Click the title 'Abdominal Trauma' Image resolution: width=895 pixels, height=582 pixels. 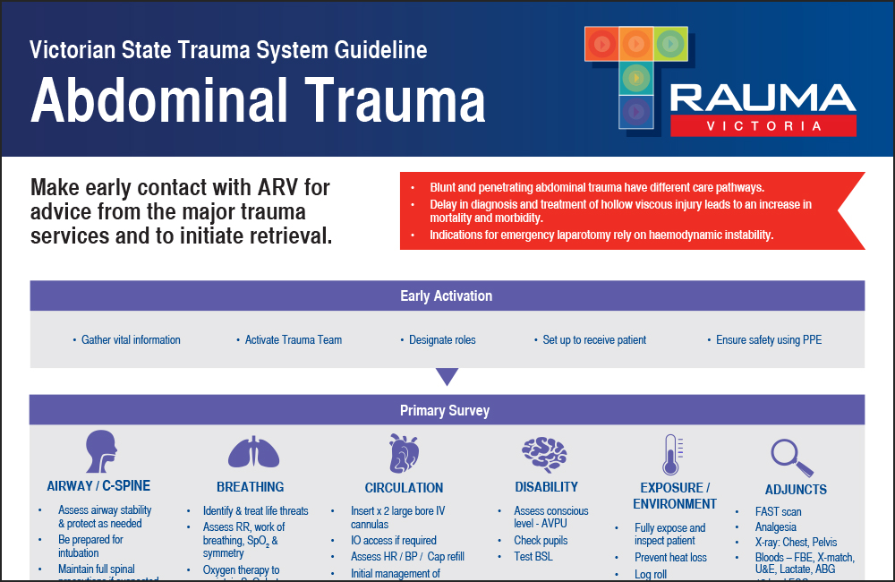pos(258,100)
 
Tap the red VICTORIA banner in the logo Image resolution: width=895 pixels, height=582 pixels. pos(763,126)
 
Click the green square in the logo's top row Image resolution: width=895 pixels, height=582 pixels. pos(669,42)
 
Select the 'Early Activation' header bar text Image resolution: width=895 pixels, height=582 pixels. pos(446,295)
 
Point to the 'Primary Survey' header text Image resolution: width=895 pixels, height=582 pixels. pos(445,411)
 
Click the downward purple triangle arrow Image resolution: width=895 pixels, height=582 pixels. pos(447,377)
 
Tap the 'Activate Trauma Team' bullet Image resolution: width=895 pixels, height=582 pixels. pos(294,340)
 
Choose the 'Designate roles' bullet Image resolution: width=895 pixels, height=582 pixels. pos(442,340)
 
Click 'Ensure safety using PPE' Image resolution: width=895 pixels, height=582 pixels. pos(769,340)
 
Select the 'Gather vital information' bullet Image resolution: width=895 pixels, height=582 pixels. pos(131,340)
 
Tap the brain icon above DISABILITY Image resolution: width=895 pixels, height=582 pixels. pos(546,452)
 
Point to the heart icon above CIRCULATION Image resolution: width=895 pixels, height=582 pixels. pos(404,453)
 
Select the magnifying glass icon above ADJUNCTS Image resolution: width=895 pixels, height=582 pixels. pos(793,457)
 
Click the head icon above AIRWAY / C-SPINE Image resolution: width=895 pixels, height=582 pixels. pos(99,452)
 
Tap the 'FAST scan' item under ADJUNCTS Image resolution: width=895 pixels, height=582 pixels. pos(780,511)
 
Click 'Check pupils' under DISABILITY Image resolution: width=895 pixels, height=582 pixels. pos(541,541)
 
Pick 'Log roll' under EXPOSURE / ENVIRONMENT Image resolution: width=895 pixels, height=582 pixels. pos(651,575)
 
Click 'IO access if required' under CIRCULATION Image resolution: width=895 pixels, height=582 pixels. pos(394,541)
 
